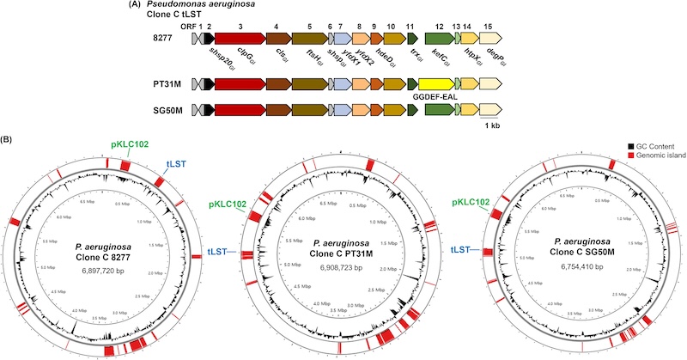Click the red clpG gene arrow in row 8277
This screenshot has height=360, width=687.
(240, 38)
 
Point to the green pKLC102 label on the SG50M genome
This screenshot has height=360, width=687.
(466, 204)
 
